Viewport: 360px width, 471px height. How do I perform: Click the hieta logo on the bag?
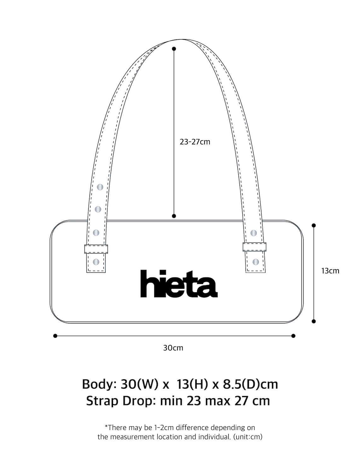coord(179,284)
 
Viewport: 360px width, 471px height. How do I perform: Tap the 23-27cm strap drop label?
coord(195,142)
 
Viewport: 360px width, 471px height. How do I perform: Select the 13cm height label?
coord(330,271)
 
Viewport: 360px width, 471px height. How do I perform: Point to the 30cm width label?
coord(173,348)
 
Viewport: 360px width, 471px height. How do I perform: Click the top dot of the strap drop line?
coord(174,49)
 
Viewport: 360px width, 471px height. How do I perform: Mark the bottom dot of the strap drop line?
coord(174,216)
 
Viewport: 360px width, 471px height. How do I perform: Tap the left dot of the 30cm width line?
coord(55,336)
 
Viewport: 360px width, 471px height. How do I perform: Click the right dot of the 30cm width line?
coord(293,336)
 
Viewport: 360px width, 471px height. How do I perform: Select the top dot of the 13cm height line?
coord(314,225)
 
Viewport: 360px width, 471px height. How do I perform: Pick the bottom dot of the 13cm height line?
coord(314,321)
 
